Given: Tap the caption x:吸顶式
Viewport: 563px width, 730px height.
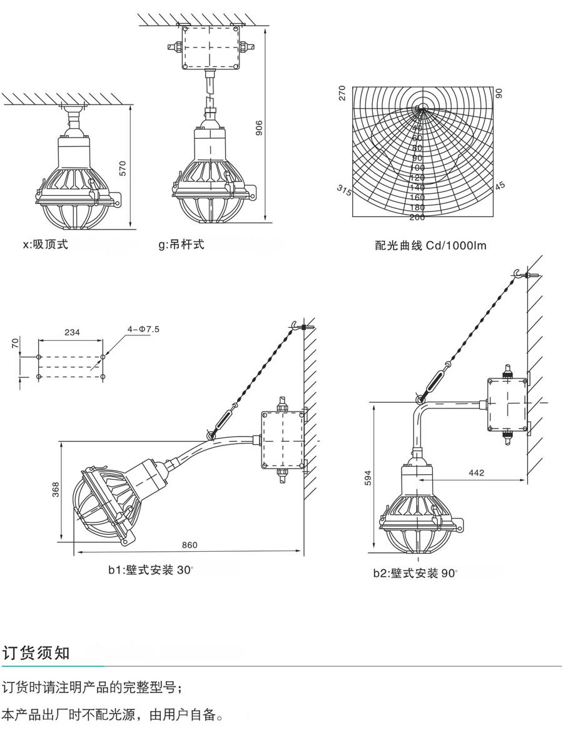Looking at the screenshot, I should (x=45, y=245).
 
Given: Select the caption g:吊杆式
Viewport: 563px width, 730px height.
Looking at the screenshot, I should (x=181, y=244).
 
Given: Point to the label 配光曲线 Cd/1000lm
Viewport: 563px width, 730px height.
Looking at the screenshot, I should (x=430, y=246).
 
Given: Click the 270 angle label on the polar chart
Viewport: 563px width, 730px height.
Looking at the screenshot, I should (x=342, y=94).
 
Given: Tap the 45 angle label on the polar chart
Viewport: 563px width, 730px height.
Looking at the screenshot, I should (x=500, y=186).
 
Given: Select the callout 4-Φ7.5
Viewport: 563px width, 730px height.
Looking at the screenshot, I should (x=144, y=328).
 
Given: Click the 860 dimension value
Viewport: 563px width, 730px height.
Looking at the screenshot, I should (x=190, y=545).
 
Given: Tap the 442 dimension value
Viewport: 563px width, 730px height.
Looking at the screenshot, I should (x=476, y=473).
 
